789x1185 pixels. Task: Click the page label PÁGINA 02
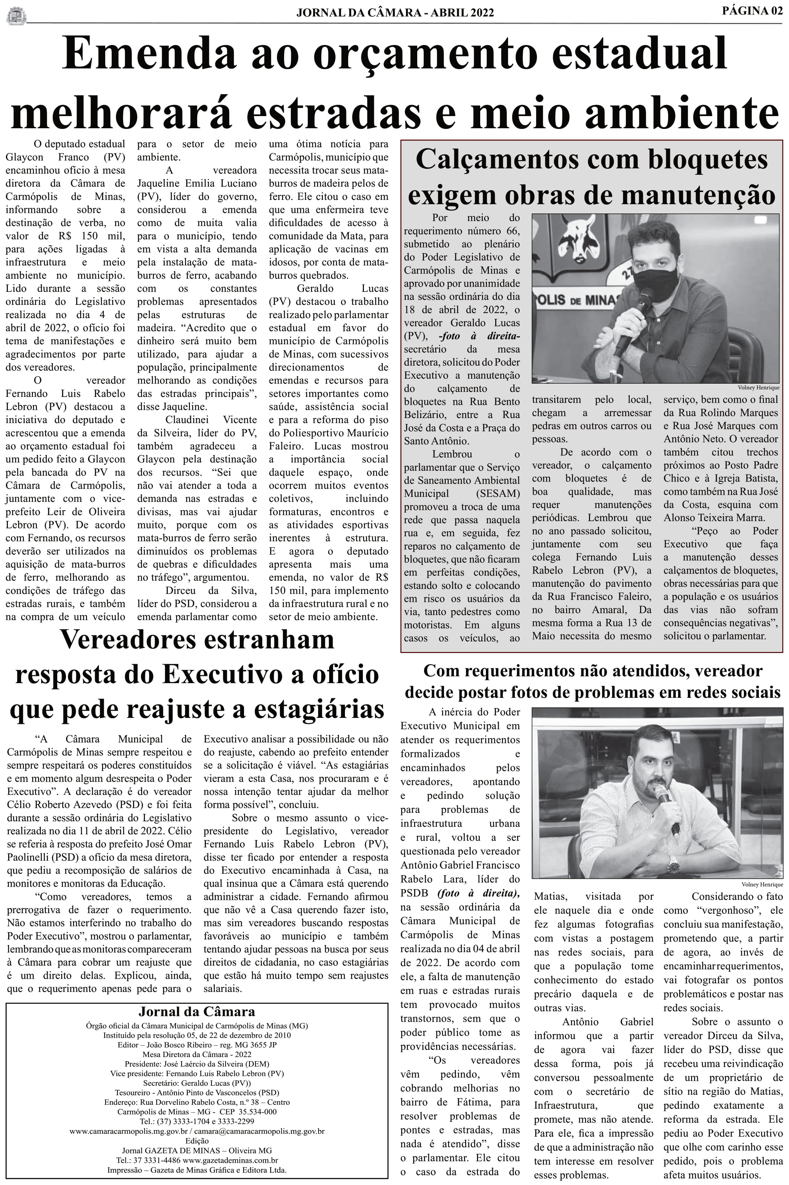point(752,11)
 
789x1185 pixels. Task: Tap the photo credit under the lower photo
point(762,884)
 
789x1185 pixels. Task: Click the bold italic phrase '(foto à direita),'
point(478,893)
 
